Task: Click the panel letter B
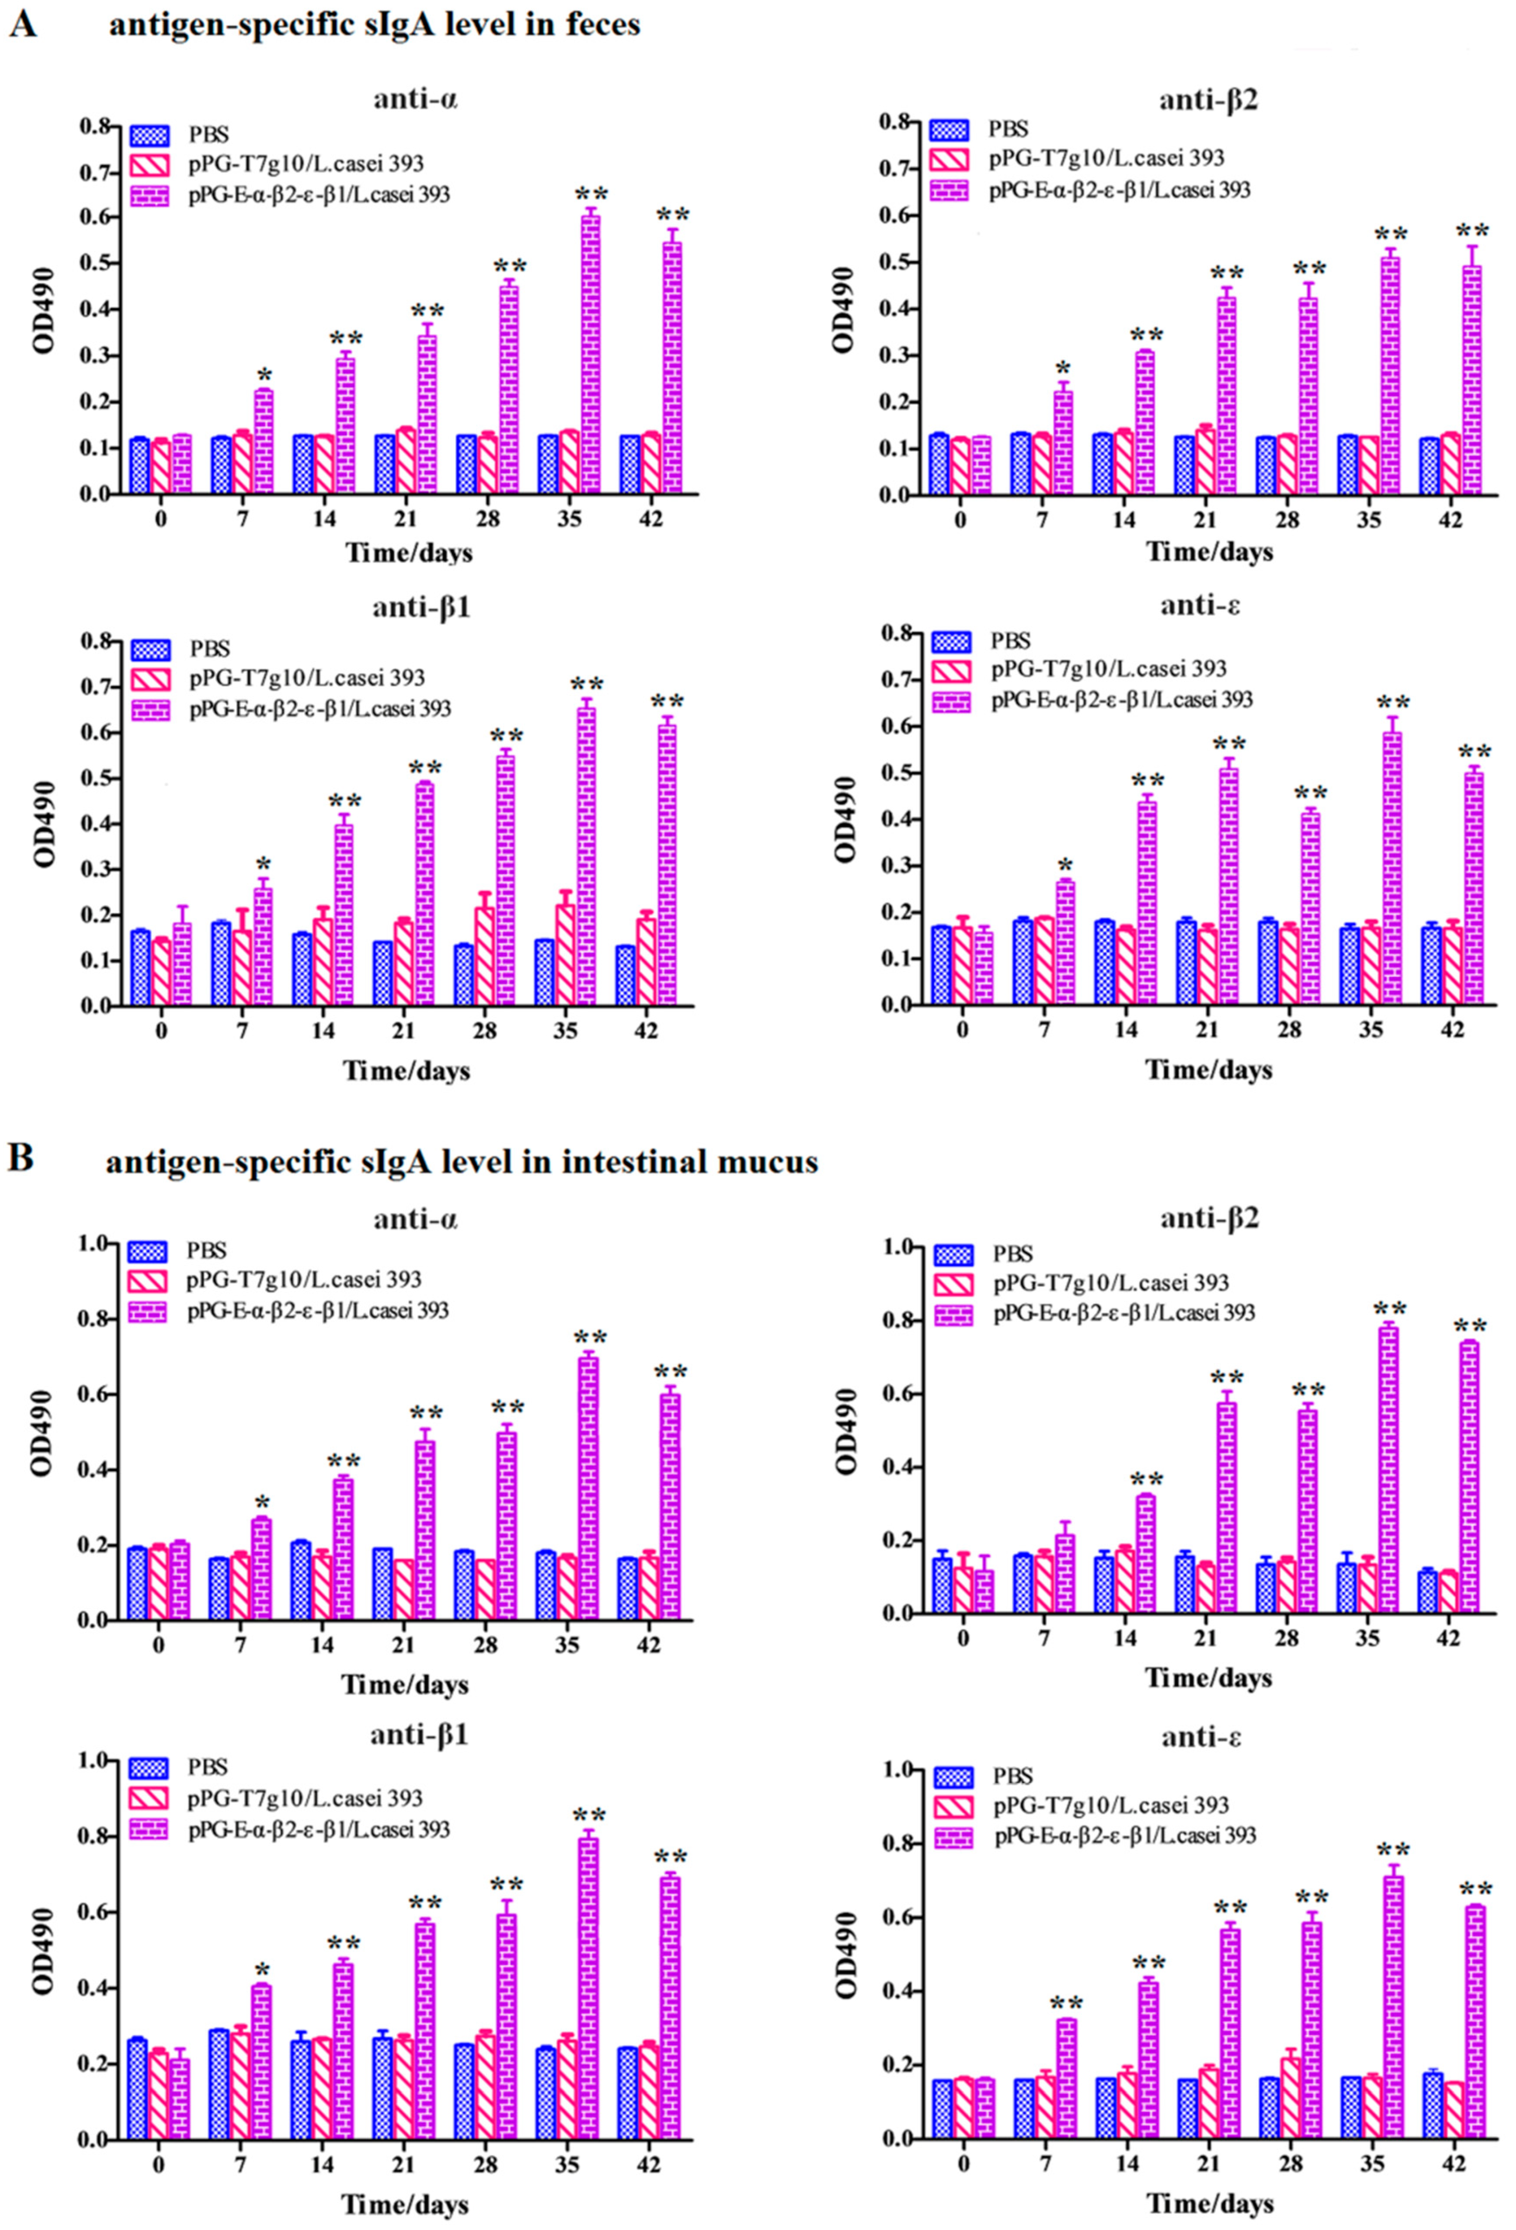tap(21, 1158)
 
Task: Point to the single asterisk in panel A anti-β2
tap(1062, 370)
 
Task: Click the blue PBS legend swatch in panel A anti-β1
tap(151, 649)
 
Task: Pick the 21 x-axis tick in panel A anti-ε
tap(1207, 1030)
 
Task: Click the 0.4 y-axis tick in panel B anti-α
tap(96, 1470)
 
